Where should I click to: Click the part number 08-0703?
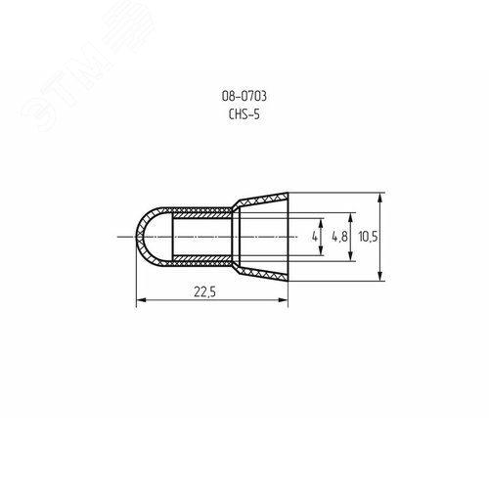click(x=244, y=96)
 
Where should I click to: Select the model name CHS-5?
click(x=244, y=112)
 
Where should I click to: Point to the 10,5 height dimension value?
click(x=367, y=237)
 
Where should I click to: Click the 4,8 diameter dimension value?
click(x=338, y=237)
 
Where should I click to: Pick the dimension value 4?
click(x=314, y=237)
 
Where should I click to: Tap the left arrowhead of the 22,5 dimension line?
click(x=137, y=299)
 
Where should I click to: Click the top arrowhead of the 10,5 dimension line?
click(x=378, y=196)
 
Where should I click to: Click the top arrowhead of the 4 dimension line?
click(x=324, y=220)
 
